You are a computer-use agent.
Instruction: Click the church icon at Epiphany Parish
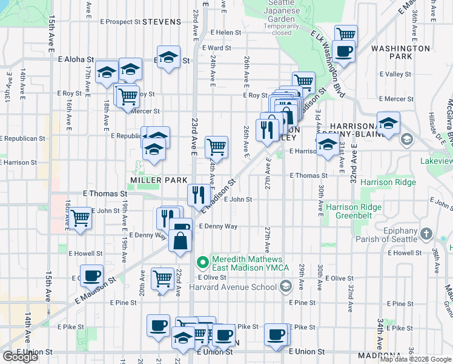click(x=426, y=234)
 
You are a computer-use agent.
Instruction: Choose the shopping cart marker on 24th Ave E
click(x=216, y=146)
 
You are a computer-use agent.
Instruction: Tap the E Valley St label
click(x=395, y=74)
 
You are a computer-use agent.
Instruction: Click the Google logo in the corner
click(x=20, y=357)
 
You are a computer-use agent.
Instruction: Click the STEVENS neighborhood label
click(x=162, y=22)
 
